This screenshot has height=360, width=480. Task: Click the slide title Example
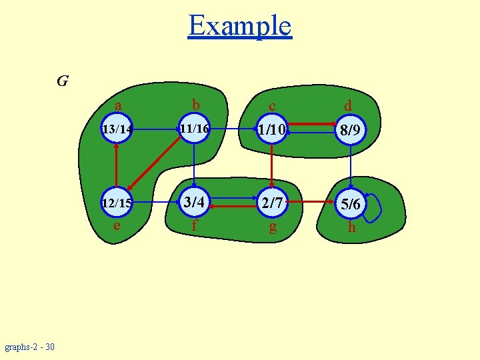pyautogui.click(x=240, y=26)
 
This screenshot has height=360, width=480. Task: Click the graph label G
pyautogui.click(x=63, y=81)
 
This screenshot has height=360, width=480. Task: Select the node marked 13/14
pyautogui.click(x=116, y=129)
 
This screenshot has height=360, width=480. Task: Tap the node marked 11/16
pyautogui.click(x=193, y=128)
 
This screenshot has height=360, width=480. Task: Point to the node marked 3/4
pyautogui.click(x=193, y=202)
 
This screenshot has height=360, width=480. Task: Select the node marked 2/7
pyautogui.click(x=272, y=203)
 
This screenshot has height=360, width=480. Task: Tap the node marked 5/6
pyautogui.click(x=351, y=205)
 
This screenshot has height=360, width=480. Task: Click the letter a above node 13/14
pyautogui.click(x=118, y=105)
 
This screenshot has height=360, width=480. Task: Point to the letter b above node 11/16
pyautogui.click(x=195, y=105)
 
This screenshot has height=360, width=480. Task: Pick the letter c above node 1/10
pyautogui.click(x=272, y=106)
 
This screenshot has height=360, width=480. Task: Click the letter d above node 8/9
pyautogui.click(x=348, y=105)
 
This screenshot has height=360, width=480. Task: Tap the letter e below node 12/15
pyautogui.click(x=117, y=225)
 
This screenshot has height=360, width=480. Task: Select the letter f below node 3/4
pyautogui.click(x=194, y=225)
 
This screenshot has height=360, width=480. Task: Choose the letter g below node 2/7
pyautogui.click(x=272, y=227)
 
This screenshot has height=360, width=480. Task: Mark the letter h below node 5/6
pyautogui.click(x=351, y=227)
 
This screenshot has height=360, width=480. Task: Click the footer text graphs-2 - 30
pyautogui.click(x=30, y=347)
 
